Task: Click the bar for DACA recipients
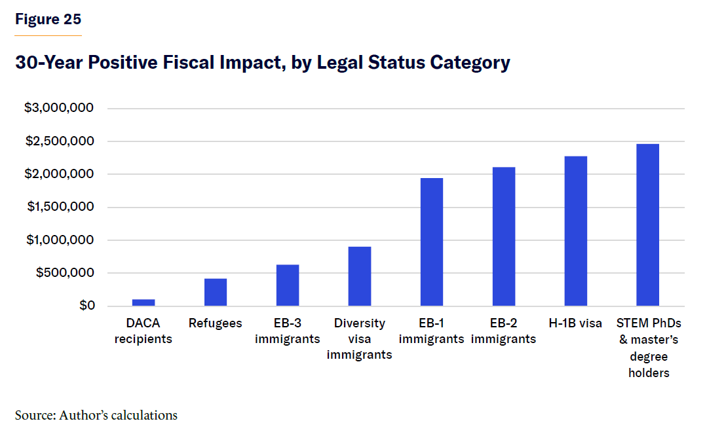click(x=143, y=303)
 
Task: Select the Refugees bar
click(x=216, y=293)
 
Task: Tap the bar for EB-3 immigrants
click(x=288, y=285)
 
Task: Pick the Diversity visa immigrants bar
click(x=360, y=276)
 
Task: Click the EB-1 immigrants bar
click(x=432, y=242)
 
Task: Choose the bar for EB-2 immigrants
click(x=504, y=237)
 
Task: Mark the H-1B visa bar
click(x=576, y=231)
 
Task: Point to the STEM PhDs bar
click(x=648, y=225)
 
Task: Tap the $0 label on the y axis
click(x=88, y=306)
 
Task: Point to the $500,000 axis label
click(x=64, y=273)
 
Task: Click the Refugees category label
click(x=216, y=323)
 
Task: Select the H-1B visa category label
click(x=576, y=323)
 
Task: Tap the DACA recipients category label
click(x=143, y=331)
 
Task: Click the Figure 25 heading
click(x=48, y=20)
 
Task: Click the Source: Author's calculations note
click(x=96, y=415)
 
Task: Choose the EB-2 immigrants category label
click(x=504, y=331)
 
